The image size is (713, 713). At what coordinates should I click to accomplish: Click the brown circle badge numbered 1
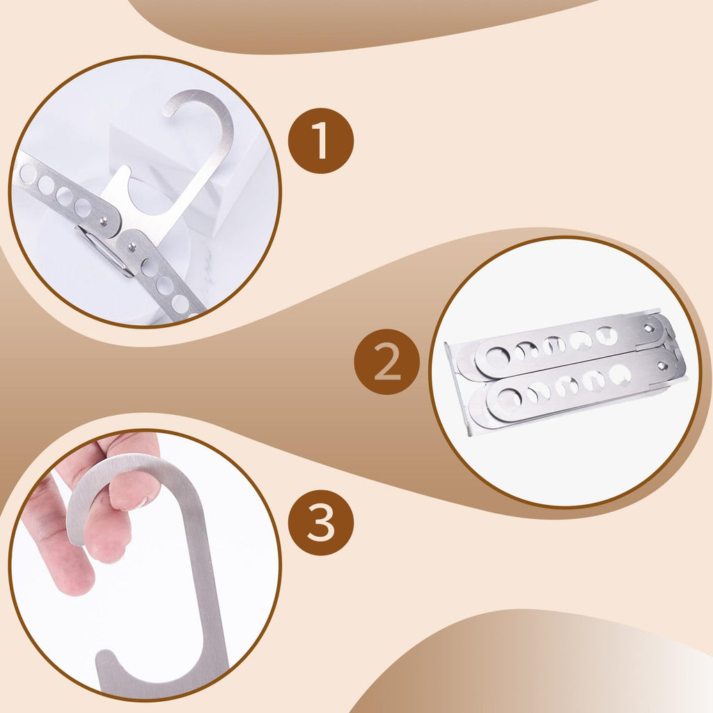click(321, 141)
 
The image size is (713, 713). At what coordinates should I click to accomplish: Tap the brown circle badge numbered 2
click(387, 362)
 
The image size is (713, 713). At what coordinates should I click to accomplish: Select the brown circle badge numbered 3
click(321, 522)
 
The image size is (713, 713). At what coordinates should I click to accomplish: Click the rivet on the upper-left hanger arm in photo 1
click(104, 221)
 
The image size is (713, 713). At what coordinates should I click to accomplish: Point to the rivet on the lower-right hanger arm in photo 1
click(132, 247)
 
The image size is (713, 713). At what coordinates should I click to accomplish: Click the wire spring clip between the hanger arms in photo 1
click(104, 251)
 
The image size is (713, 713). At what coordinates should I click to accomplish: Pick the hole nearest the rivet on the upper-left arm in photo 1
click(82, 207)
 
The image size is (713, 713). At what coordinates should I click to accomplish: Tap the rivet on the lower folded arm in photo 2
click(661, 365)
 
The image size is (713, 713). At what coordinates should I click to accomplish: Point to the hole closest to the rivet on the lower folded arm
click(619, 374)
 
